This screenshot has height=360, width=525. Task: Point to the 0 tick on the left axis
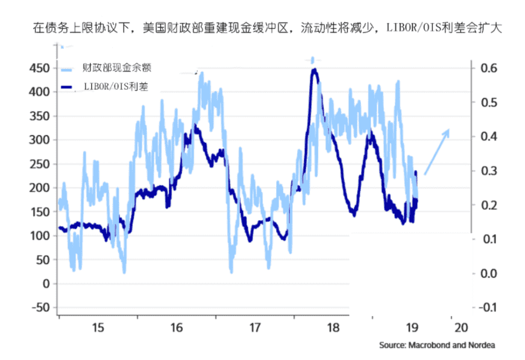[46, 283]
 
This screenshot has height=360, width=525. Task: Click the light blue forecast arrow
[437, 151]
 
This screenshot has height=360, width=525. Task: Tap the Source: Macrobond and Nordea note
[436, 346]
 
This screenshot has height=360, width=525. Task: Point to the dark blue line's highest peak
[314, 70]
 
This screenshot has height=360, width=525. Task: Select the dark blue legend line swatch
[75, 87]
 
